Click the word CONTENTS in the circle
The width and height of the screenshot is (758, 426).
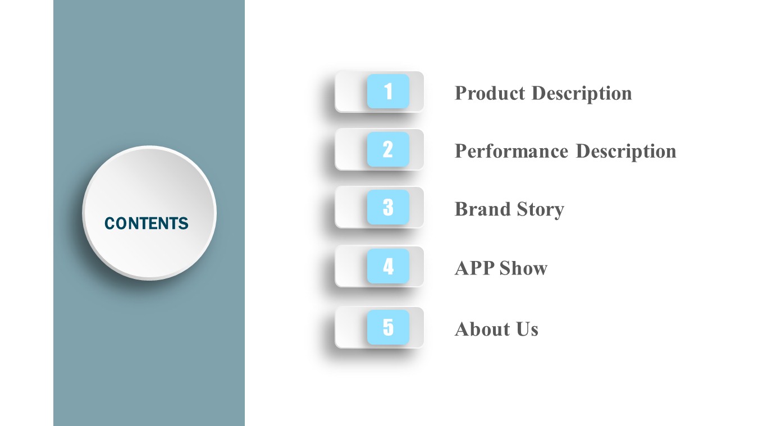[x=146, y=223]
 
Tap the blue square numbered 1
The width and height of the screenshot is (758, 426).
[x=388, y=91]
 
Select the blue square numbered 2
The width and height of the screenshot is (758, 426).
[x=388, y=149]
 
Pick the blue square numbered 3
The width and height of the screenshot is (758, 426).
[x=388, y=207]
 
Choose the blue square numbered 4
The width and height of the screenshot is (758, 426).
[x=388, y=266]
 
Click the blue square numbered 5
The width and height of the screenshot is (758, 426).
[x=388, y=327]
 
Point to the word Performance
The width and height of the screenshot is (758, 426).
[x=512, y=151]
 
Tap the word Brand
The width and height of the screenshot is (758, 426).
[x=482, y=209]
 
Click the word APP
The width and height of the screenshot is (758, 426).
[x=474, y=268]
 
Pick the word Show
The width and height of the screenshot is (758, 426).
[x=523, y=268]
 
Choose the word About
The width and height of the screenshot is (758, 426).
[x=482, y=329]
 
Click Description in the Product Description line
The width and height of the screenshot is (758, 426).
[x=582, y=94]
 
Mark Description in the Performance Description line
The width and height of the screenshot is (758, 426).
[x=626, y=152]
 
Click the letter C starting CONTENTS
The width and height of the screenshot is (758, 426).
[x=109, y=223]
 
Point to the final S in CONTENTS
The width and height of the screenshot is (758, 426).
[x=184, y=223]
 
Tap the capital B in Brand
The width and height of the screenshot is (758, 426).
[x=461, y=209]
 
